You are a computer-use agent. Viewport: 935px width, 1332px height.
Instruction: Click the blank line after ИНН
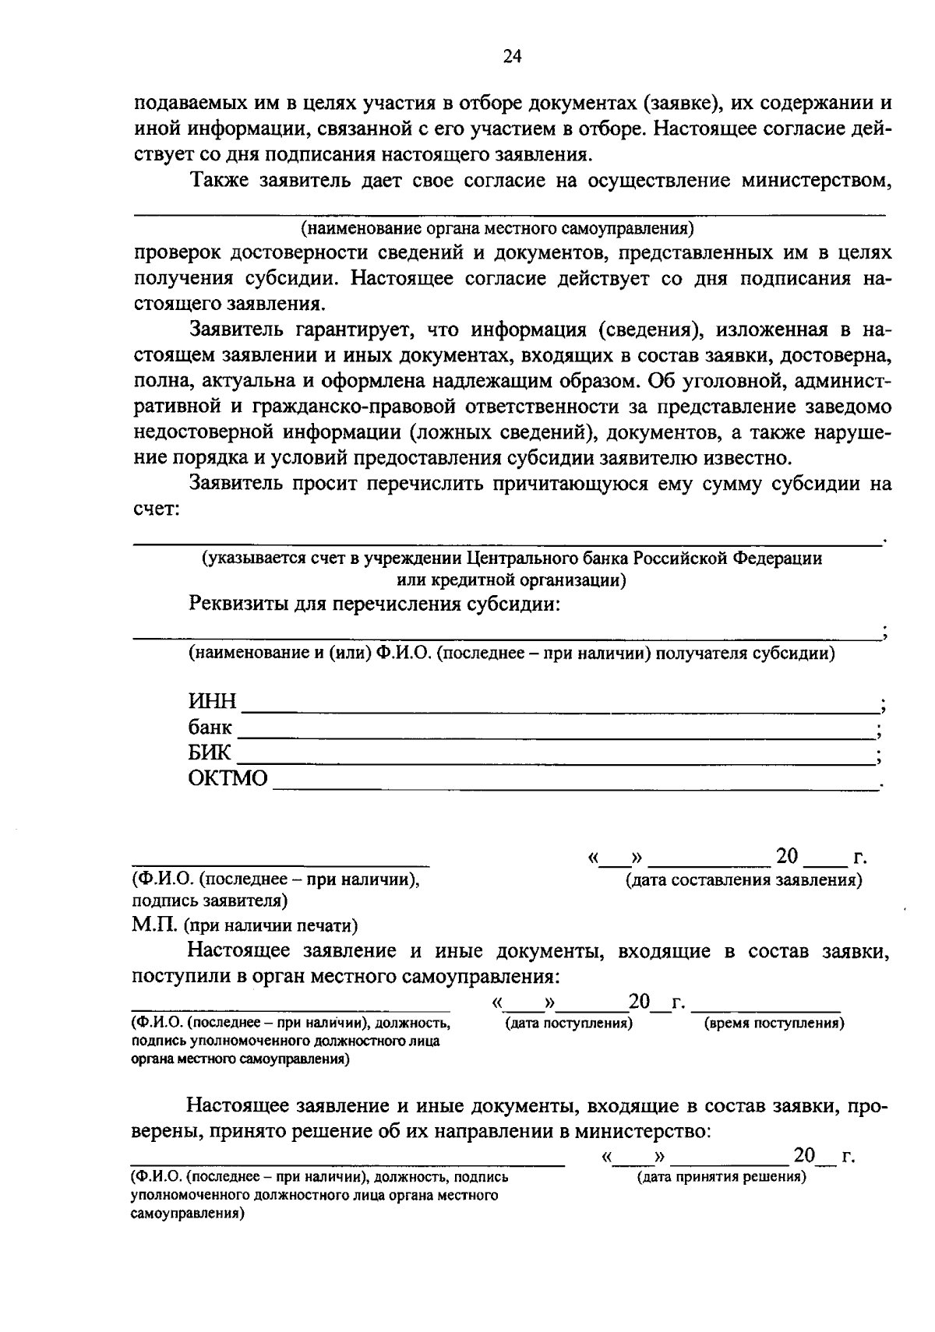pos(559,710)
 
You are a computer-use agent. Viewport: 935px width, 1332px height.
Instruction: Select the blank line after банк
pos(555,736)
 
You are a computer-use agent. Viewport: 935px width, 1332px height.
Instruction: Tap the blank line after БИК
pos(555,763)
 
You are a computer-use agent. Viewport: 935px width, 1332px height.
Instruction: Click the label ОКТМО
pos(228,778)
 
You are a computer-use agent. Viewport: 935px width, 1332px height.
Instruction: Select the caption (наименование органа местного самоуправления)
pos(497,228)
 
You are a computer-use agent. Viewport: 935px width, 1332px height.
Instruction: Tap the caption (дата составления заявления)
pos(743,880)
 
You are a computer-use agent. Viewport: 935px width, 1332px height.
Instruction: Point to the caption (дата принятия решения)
pos(722,1177)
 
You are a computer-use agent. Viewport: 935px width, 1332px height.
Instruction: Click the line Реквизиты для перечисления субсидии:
pos(374,604)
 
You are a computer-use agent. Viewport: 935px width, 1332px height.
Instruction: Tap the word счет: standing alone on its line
pos(156,509)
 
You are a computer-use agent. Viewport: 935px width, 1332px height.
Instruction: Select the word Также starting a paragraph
pos(220,181)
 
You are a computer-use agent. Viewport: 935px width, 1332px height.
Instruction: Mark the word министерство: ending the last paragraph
pos(644,1131)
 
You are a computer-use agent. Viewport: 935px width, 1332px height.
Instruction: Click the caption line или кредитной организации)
pos(510,580)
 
